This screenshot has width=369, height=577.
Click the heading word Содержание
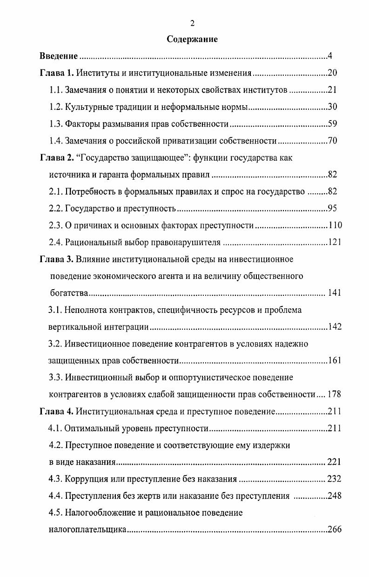click(192, 40)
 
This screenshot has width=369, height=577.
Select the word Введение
click(58, 57)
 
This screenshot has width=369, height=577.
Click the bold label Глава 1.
click(56, 74)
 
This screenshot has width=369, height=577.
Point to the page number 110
click(335, 225)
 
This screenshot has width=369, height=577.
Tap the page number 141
click(335, 293)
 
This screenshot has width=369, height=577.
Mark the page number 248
click(335, 496)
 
